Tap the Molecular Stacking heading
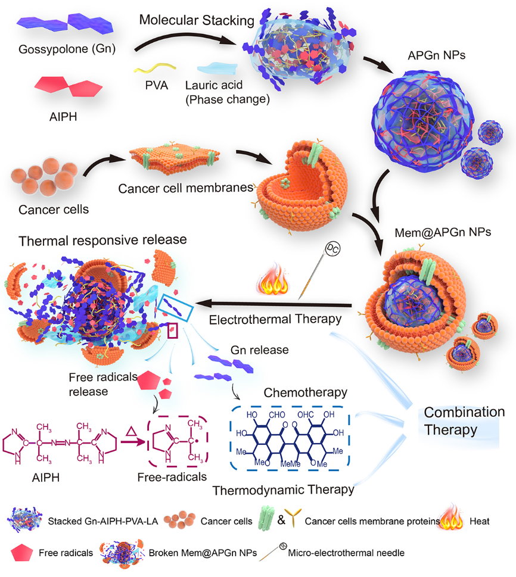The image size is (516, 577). [x=197, y=20]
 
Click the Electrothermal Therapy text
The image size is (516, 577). [x=275, y=319]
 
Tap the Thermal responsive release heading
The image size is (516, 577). [x=102, y=241]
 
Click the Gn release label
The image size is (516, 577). [x=259, y=350]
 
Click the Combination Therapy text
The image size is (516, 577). [x=464, y=421]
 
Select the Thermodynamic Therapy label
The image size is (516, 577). [x=283, y=489]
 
